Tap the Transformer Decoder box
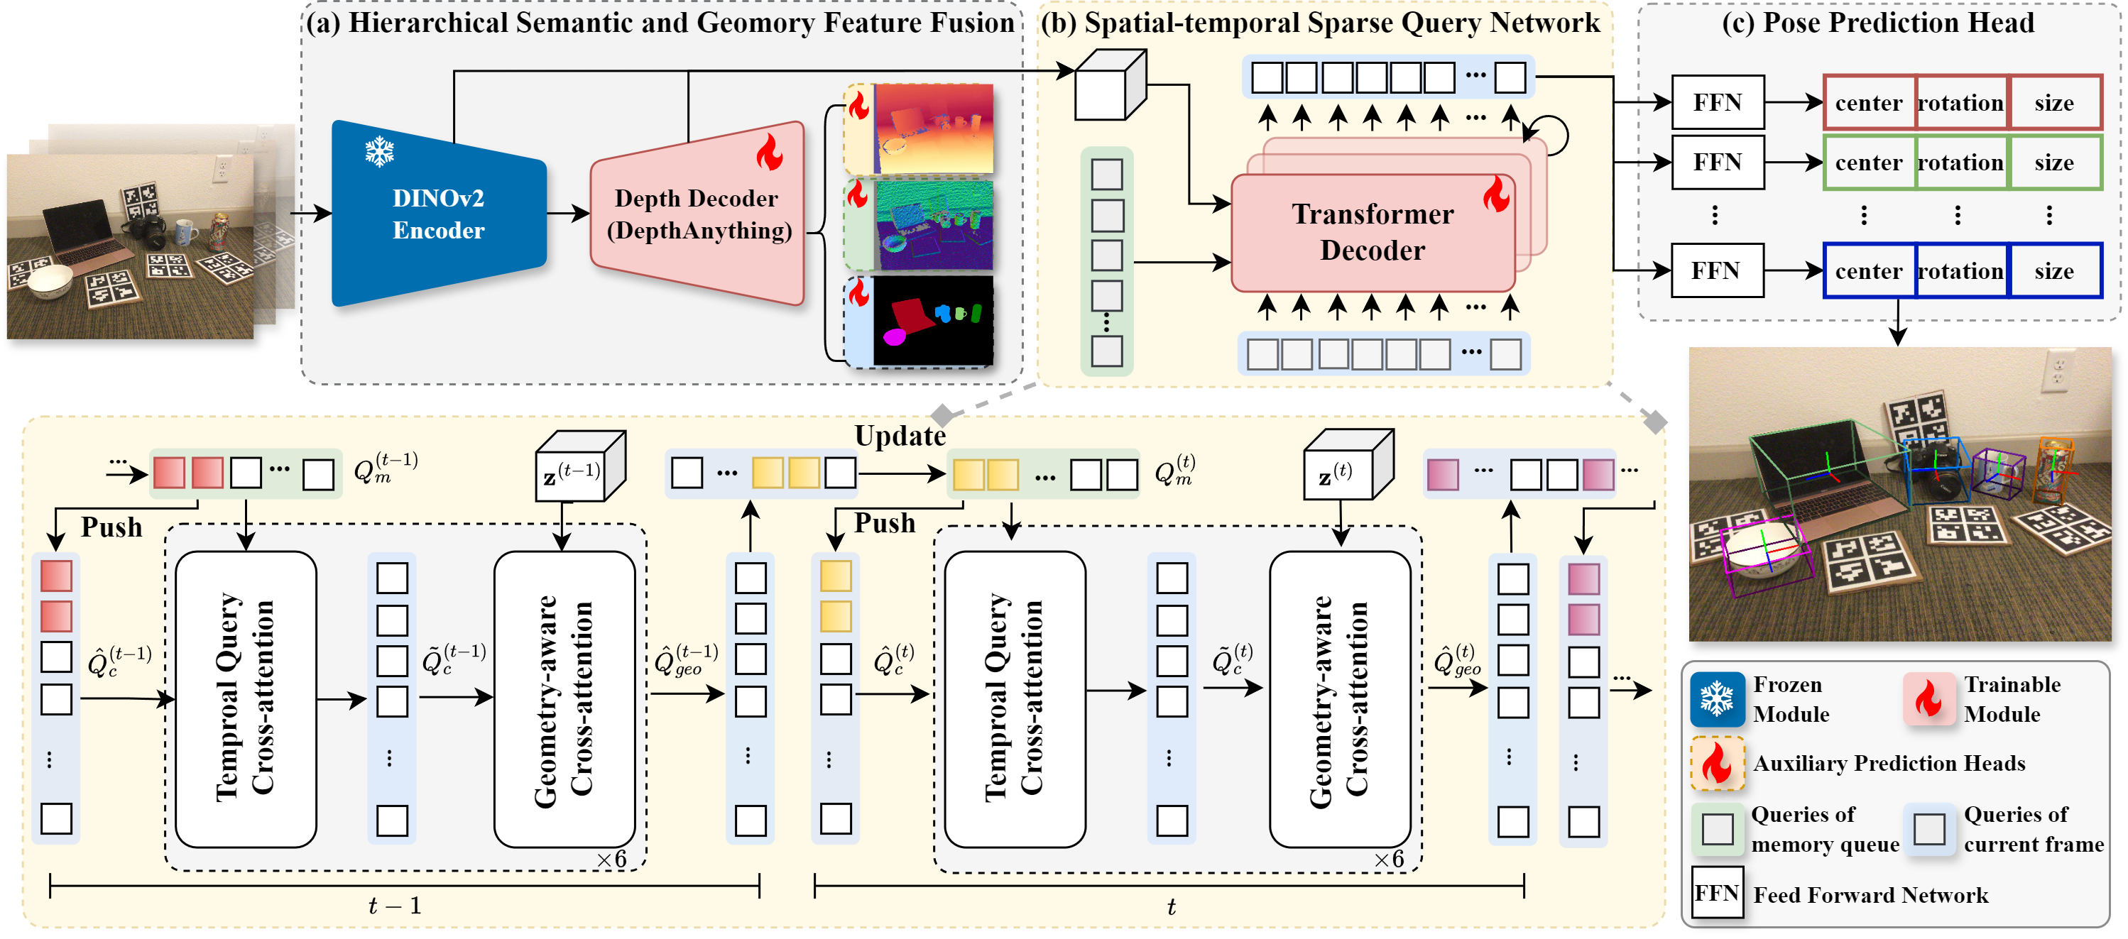(x=1372, y=232)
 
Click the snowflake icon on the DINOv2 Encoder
(x=379, y=151)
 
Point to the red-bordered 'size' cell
(x=2053, y=103)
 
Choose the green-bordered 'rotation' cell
(x=1960, y=163)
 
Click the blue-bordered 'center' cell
(x=1869, y=271)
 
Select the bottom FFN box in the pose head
(x=1717, y=271)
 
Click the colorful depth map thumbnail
(x=934, y=129)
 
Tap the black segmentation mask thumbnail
(x=934, y=320)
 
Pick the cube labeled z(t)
(x=1343, y=471)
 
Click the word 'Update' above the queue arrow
(x=900, y=435)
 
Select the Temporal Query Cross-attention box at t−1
(x=246, y=698)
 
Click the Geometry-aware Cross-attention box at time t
(x=1339, y=698)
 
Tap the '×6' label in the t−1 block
(x=612, y=859)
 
